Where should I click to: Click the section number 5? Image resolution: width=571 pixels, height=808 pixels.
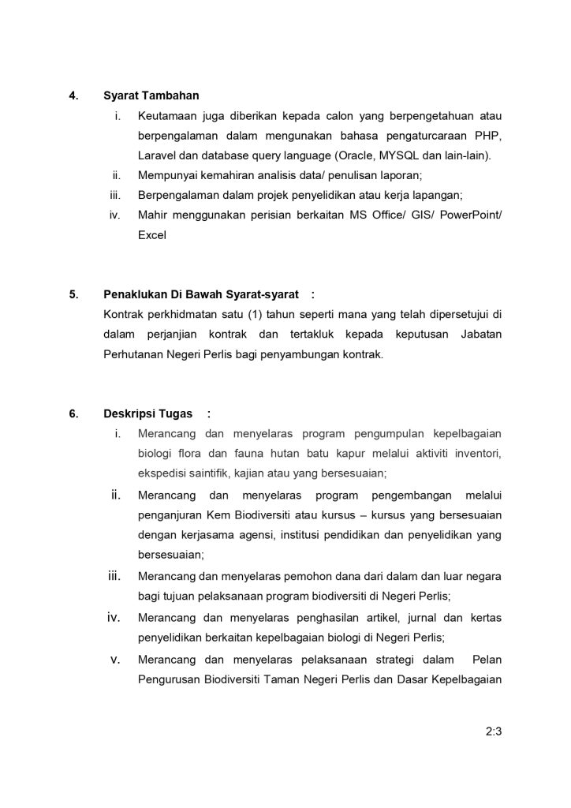[x=73, y=295]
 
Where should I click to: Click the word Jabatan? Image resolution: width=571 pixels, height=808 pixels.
[x=480, y=335]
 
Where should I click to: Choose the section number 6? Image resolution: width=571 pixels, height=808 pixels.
[x=73, y=413]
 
